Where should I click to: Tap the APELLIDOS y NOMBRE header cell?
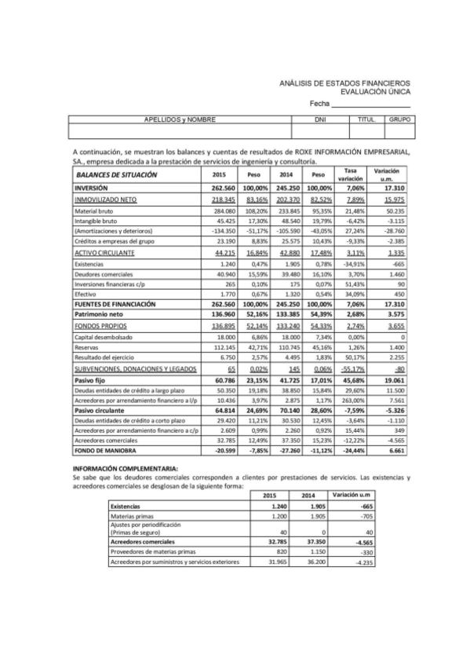(x=180, y=119)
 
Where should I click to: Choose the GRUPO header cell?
(x=401, y=119)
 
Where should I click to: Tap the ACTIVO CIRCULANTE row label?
(x=104, y=254)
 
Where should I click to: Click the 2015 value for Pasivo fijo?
(x=224, y=379)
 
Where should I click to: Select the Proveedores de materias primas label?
(x=154, y=551)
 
